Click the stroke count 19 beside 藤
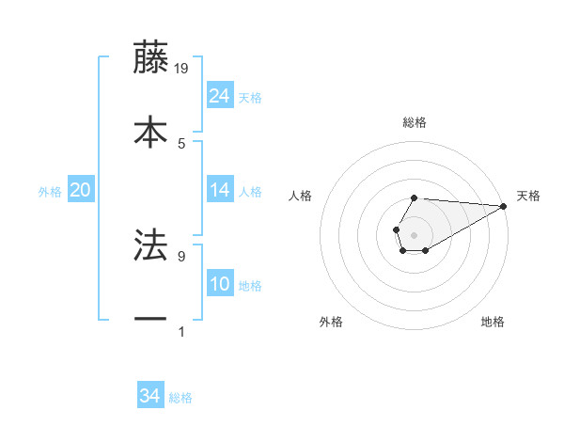pyautogui.click(x=181, y=69)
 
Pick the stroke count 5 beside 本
pyautogui.click(x=181, y=143)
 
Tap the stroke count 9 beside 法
pyautogui.click(x=181, y=255)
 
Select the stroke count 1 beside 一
pyautogui.click(x=181, y=330)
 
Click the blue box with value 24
pyautogui.click(x=220, y=96)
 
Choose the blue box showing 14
pyautogui.click(x=220, y=190)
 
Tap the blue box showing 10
pyautogui.click(x=220, y=284)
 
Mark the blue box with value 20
pyautogui.click(x=81, y=190)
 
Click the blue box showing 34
pyautogui.click(x=150, y=396)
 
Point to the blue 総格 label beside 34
pyautogui.click(x=180, y=398)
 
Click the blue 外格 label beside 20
pyautogui.click(x=50, y=192)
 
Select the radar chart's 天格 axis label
pyautogui.click(x=528, y=196)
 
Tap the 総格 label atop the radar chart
pyautogui.click(x=414, y=122)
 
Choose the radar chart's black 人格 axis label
pyautogui.click(x=300, y=196)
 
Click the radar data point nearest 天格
pyautogui.click(x=503, y=206)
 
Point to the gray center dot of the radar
pyautogui.click(x=414, y=234)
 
